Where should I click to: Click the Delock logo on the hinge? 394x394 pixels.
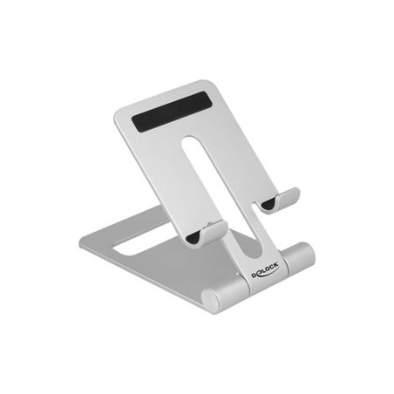(x=265, y=271)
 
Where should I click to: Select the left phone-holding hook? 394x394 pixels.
(x=207, y=233)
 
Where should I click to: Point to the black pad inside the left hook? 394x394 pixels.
(x=193, y=238)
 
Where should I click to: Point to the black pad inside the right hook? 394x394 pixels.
(x=268, y=204)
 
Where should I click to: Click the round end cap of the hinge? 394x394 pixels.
(x=210, y=300)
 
